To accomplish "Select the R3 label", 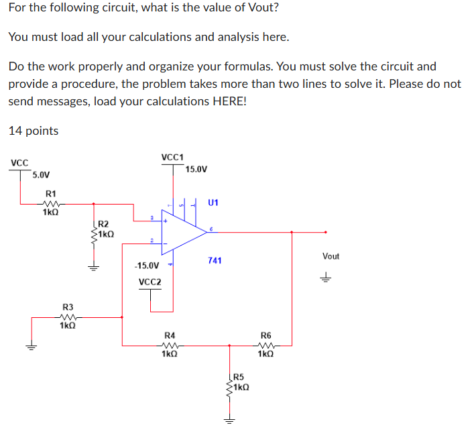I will pyautogui.click(x=67, y=306).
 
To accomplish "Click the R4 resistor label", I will pyautogui.click(x=170, y=335).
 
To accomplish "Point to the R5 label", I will pyautogui.click(x=239, y=378).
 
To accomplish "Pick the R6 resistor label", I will pyautogui.click(x=266, y=335).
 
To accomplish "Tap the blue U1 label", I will pyautogui.click(x=214, y=202).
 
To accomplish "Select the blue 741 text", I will pyautogui.click(x=214, y=260).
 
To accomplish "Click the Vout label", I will pyautogui.click(x=331, y=256).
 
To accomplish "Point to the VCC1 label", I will pyautogui.click(x=172, y=157).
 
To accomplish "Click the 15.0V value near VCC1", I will pyautogui.click(x=196, y=169).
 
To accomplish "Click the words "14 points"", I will pyautogui.click(x=34, y=131).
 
